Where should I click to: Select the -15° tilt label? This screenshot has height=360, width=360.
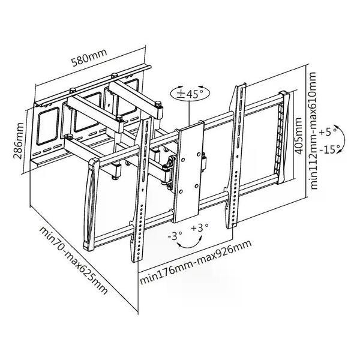329,147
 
